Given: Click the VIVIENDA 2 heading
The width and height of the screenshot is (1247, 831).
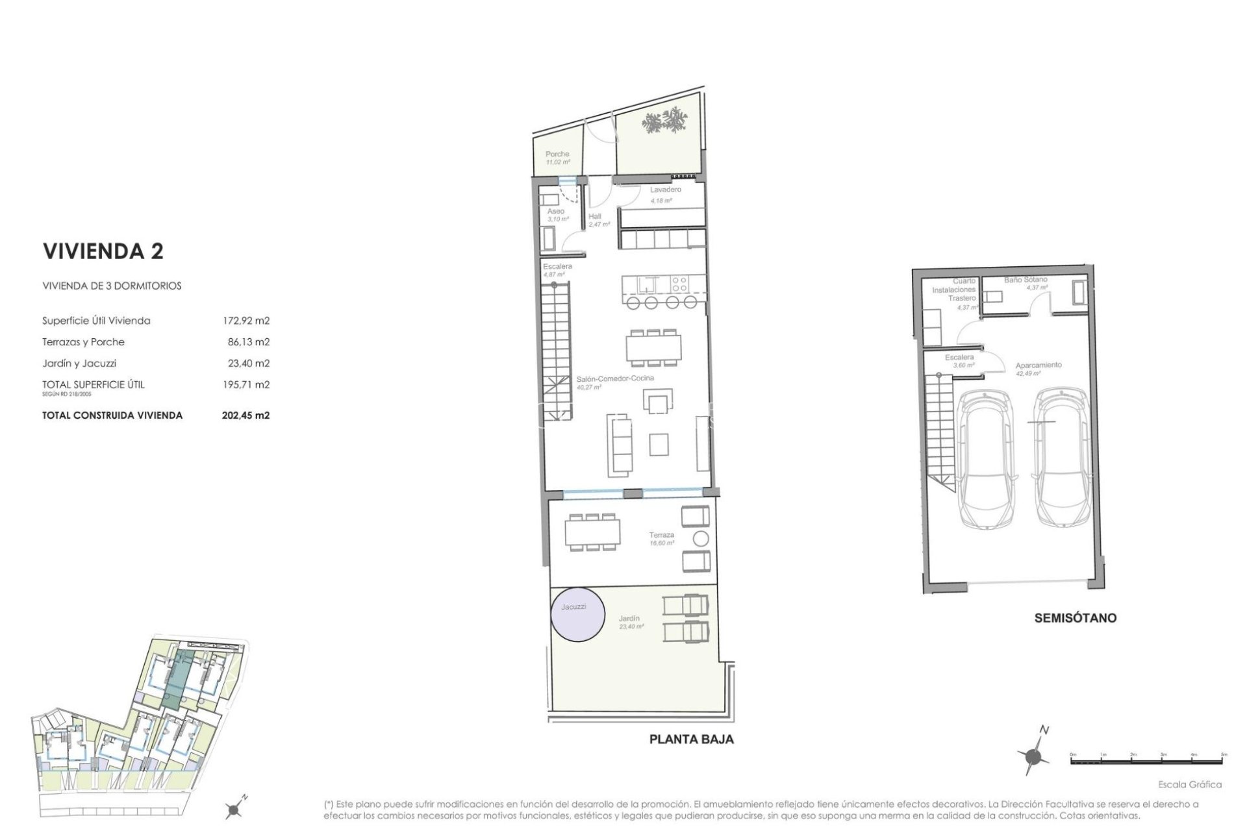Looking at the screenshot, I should [x=103, y=252].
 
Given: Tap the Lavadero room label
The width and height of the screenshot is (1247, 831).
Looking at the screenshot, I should [x=666, y=190].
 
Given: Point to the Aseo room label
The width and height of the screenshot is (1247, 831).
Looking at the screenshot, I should [x=555, y=211].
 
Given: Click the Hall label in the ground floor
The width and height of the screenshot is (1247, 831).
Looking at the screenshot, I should [x=595, y=216].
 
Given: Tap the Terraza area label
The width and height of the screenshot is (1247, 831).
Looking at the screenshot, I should [x=661, y=535].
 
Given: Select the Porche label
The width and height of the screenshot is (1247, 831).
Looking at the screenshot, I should [x=557, y=154].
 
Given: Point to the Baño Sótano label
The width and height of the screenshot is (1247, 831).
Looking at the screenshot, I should [x=1026, y=279].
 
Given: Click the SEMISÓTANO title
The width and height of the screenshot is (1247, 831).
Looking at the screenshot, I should [x=1075, y=617].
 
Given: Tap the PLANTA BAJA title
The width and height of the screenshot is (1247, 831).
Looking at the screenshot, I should [x=692, y=739].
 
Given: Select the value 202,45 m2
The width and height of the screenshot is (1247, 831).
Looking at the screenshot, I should [x=246, y=415].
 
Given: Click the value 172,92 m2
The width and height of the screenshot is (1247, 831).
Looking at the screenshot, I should [x=246, y=321].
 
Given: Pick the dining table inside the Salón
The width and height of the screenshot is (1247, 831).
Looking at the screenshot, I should [x=654, y=347].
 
